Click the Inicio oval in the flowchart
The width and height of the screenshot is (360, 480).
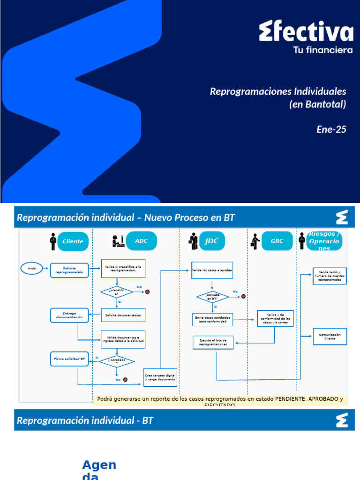click(32, 268)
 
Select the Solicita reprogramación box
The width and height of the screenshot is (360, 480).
click(69, 270)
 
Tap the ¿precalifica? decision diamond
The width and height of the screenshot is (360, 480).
click(117, 292)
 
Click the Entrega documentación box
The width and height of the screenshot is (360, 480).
click(69, 315)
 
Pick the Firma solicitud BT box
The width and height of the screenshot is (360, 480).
click(69, 359)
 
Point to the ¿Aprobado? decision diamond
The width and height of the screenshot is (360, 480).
click(117, 361)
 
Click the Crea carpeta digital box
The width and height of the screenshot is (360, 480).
click(160, 377)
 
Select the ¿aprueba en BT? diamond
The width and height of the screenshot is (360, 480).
click(212, 297)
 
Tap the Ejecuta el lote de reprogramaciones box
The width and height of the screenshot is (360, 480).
click(213, 342)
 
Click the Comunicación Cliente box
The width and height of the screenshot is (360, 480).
click(330, 337)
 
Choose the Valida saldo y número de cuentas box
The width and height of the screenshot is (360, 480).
click(330, 276)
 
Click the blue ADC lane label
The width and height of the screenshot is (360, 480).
click(141, 241)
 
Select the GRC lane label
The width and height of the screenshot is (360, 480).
click(277, 241)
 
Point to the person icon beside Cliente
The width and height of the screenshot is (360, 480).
click(53, 241)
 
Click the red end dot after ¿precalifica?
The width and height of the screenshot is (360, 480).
click(147, 292)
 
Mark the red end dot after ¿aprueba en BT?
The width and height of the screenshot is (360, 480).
click(243, 296)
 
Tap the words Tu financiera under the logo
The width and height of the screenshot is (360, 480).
click(322, 50)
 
